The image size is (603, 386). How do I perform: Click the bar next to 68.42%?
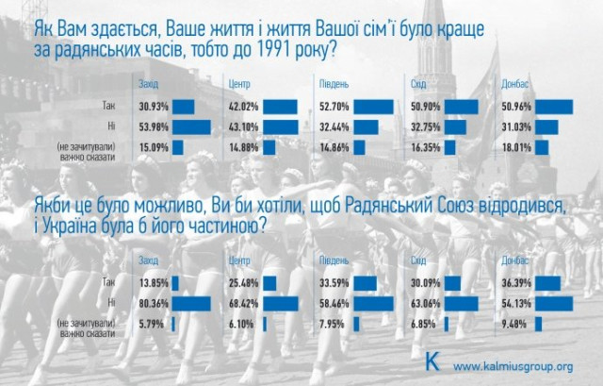[x=284, y=303]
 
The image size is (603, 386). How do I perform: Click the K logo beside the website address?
[x=432, y=362]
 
